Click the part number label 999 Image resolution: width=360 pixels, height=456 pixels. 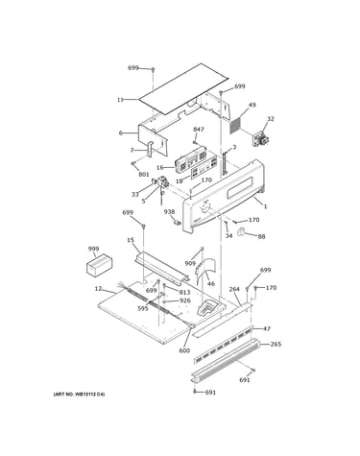tap(93, 249)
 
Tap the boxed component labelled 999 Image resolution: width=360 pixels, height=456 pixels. tap(100, 265)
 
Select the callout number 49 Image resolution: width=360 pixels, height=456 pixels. tap(252, 105)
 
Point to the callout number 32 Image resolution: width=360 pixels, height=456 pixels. tap(271, 119)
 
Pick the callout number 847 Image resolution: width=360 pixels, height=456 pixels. tap(199, 130)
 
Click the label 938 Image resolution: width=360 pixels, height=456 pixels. tap(170, 212)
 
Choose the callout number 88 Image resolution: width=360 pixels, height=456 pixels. tap(261, 237)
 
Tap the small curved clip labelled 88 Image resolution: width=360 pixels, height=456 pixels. tap(241, 232)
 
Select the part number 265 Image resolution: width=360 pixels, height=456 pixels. tap(276, 345)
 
